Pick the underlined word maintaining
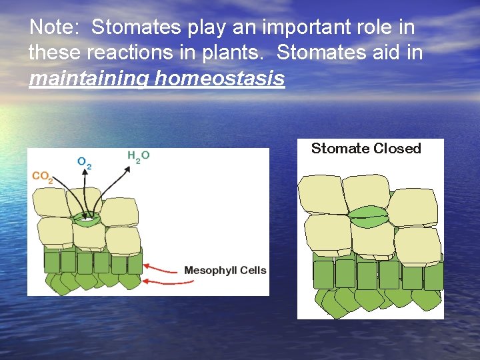pos(89,79)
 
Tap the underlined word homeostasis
pos(219,79)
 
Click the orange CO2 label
pos(43,177)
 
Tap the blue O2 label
pos(84,162)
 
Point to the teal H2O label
pos(138,155)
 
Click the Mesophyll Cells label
pos(225,270)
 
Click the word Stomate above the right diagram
pos(340,148)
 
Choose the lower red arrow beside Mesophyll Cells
pos(163,282)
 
